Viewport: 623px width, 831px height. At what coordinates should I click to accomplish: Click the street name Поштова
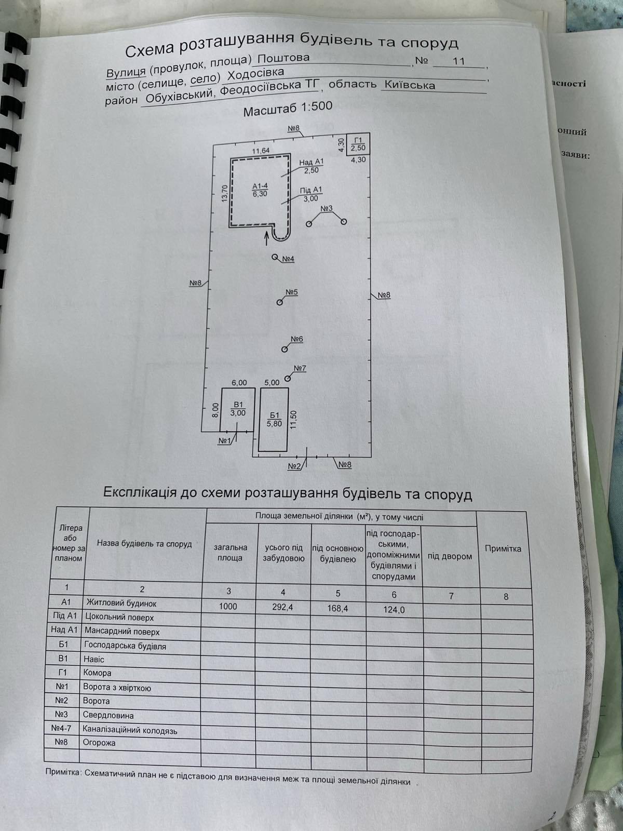283,58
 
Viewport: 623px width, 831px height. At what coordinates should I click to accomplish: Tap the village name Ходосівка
255,74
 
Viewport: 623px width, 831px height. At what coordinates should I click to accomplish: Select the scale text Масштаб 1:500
288,109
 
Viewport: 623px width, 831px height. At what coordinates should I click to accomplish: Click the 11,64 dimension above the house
261,151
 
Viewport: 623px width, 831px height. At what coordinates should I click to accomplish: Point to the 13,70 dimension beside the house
225,193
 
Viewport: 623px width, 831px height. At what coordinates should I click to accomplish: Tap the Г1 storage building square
358,144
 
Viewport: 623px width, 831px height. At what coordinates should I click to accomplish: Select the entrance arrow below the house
267,238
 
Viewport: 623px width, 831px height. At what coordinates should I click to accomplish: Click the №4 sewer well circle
275,257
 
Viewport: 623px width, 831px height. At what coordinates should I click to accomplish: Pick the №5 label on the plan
292,292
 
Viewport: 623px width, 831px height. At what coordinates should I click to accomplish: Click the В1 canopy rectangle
238,409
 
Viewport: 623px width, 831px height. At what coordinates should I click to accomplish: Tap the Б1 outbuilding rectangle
274,420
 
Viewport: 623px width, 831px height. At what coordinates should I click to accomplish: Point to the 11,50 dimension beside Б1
293,420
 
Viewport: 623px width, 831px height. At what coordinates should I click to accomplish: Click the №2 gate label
294,466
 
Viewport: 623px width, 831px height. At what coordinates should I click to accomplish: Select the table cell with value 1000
228,606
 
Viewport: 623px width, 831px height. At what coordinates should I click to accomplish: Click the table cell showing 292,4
283,607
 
